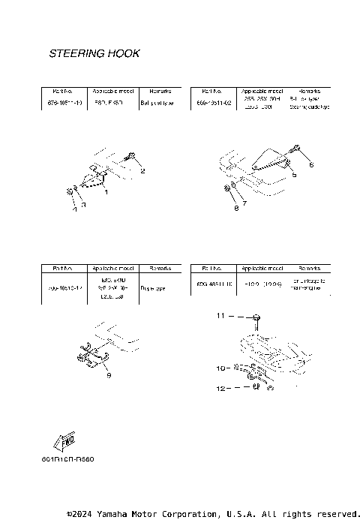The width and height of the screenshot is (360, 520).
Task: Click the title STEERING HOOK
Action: click(94, 54)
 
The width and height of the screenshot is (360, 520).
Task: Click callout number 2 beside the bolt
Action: click(142, 171)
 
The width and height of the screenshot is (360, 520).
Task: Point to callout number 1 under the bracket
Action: click(106, 192)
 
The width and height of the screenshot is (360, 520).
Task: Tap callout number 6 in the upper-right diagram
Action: click(311, 163)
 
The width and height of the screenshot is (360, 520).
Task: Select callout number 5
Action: click(295, 174)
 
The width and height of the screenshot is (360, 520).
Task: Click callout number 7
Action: click(244, 203)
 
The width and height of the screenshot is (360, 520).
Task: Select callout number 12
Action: click(220, 388)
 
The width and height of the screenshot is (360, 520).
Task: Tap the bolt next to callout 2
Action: click(130, 157)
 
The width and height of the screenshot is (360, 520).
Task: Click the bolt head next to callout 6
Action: click(298, 149)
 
